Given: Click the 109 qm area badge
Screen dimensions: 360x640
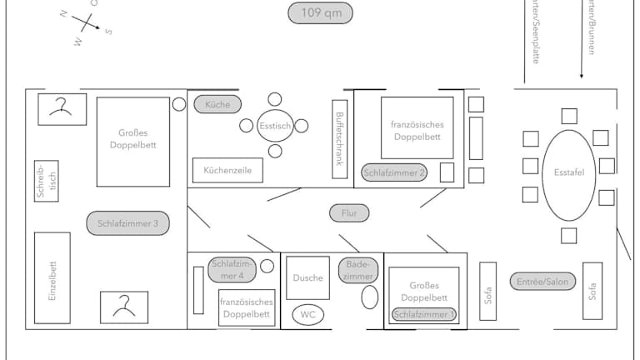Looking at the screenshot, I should point(321,13).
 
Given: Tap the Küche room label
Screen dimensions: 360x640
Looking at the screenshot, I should point(217,104).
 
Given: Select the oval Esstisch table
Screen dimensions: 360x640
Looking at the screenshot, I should point(275,126).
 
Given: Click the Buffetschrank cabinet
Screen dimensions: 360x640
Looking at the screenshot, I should point(339,138).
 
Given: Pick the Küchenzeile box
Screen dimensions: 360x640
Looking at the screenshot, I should point(227,170).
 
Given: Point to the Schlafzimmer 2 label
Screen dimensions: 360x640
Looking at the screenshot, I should point(394,172).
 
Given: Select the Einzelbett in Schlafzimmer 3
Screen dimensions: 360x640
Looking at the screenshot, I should point(52,278).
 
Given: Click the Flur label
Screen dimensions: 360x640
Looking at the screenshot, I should point(349,213).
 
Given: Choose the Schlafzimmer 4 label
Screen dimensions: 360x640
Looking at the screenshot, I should point(232,268).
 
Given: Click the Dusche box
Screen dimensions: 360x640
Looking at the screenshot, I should point(307,278).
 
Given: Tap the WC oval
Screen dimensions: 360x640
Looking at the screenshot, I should point(307,315).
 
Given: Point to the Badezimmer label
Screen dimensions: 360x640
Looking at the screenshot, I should point(358,270).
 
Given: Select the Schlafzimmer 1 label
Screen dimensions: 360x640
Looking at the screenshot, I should point(424,314).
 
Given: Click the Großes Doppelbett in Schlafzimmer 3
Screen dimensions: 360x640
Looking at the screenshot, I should point(133,142).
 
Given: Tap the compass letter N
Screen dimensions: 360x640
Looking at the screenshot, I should point(63,14).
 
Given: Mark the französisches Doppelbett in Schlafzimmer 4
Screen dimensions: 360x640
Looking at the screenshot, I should point(247,307).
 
